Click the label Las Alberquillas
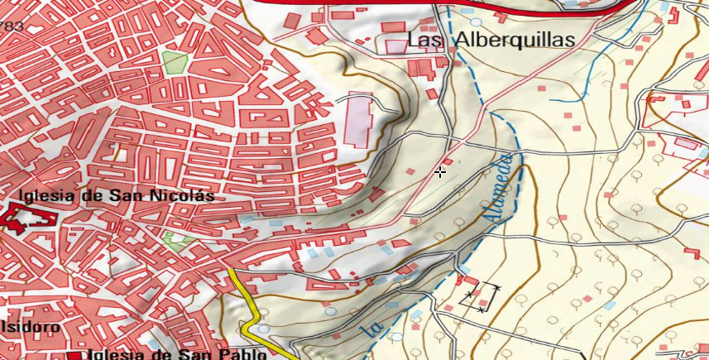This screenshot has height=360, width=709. click(x=491, y=40)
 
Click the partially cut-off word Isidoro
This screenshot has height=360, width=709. click(x=30, y=327)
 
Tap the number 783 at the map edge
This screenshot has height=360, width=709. click(x=12, y=26)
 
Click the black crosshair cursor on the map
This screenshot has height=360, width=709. click(x=440, y=172)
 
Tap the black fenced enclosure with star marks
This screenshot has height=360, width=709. click(x=481, y=297)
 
